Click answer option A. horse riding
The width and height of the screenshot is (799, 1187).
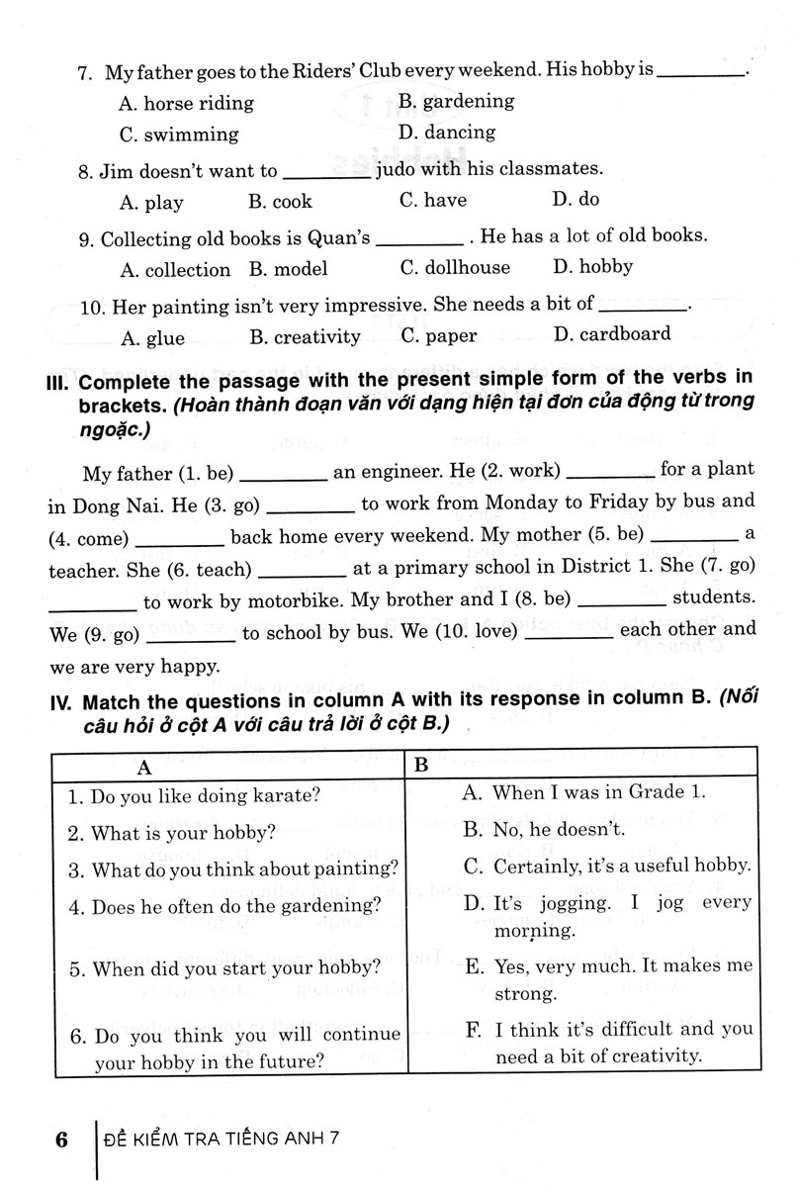point(186,103)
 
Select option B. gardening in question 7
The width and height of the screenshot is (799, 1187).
point(456,101)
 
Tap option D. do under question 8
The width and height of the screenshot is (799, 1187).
point(576,200)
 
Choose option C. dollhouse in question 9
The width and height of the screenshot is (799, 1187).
point(455,268)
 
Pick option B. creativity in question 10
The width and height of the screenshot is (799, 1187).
point(305,337)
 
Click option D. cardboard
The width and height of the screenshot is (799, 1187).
point(612,334)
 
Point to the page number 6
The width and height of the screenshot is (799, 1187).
point(60,1140)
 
